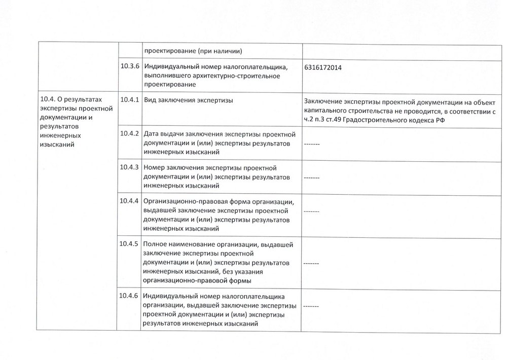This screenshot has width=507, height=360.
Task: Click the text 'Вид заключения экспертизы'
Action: point(189,100)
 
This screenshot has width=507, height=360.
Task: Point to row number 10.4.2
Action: point(130,133)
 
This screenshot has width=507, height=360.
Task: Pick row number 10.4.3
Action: point(130,167)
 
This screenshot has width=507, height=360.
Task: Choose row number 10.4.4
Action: point(130,201)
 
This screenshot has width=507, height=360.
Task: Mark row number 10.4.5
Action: point(130,244)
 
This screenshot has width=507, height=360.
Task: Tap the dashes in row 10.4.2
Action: point(311,145)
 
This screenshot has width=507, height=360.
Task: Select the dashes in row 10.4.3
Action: point(311,178)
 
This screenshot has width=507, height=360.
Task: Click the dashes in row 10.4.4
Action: point(311,211)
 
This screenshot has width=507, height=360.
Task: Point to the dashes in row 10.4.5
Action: point(311,264)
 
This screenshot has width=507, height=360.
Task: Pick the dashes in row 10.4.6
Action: point(311,307)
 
